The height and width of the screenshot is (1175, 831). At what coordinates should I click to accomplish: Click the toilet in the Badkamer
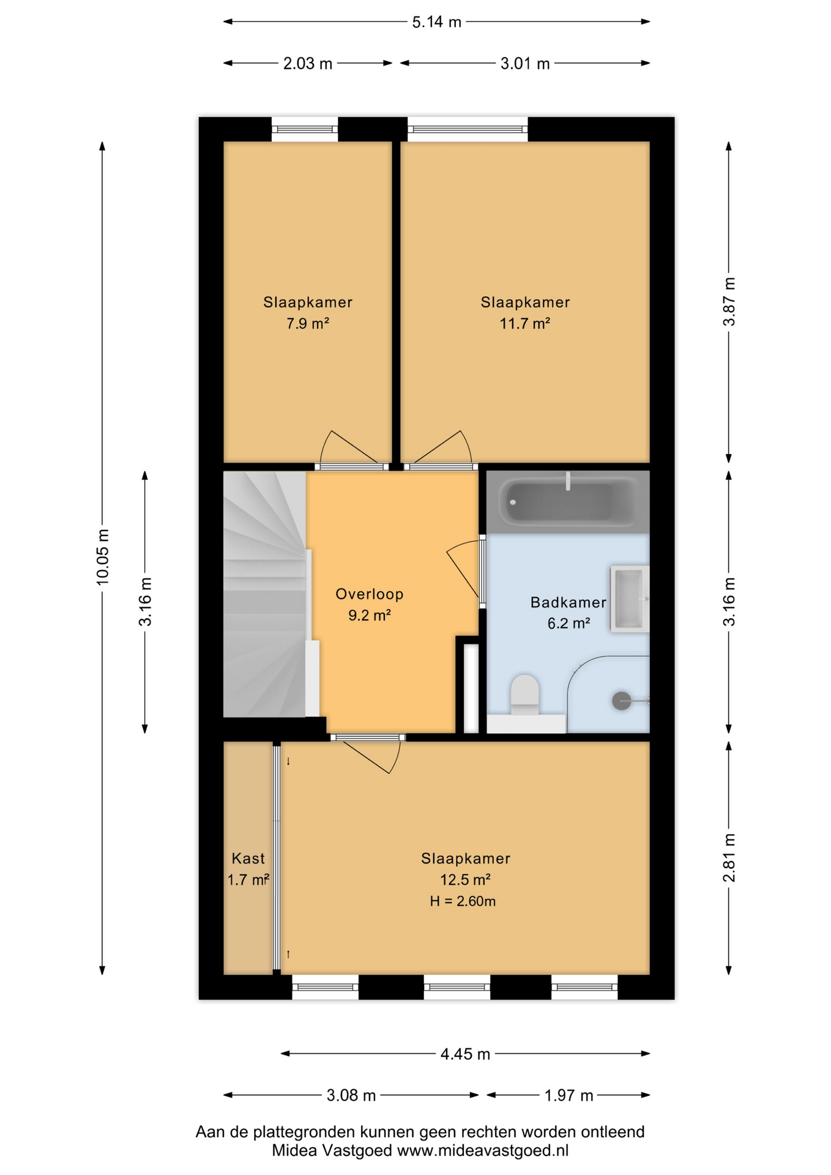tap(524, 695)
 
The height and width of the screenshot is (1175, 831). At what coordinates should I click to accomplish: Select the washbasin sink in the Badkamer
tap(629, 599)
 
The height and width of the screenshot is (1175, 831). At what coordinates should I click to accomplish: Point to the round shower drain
tap(622, 701)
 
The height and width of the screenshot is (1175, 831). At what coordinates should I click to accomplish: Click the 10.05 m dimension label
tap(102, 557)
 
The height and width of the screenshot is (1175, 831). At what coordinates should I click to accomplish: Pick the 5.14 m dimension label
tap(436, 22)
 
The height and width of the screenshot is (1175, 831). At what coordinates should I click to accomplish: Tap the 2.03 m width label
tap(307, 63)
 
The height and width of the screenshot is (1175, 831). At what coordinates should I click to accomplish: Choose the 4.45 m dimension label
tap(465, 1054)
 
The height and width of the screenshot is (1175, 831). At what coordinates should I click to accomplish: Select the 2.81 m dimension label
tap(729, 857)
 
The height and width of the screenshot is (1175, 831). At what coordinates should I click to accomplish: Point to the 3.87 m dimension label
tap(729, 302)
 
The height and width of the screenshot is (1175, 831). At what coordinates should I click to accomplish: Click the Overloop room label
tap(370, 594)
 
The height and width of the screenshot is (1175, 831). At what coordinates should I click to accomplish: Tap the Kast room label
tap(248, 859)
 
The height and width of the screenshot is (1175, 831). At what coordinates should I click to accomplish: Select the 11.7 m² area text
tap(524, 323)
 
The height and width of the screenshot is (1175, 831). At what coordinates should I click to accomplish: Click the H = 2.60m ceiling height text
tap(463, 901)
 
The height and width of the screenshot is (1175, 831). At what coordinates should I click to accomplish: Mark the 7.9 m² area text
tap(308, 323)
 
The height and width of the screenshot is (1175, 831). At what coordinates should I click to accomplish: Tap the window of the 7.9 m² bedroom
tap(305, 129)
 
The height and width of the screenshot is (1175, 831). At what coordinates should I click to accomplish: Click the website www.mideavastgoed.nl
tap(483, 1151)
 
